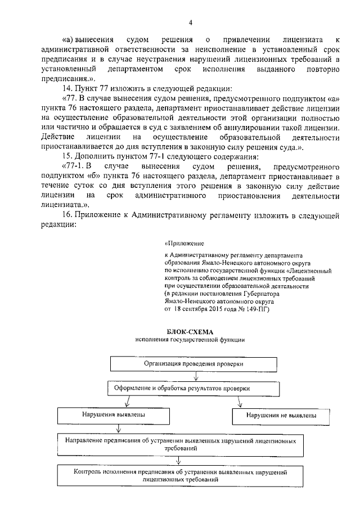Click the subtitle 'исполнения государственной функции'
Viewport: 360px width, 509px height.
pyautogui.click(x=190, y=341)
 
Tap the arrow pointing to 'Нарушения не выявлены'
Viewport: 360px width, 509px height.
pyautogui.click(x=240, y=402)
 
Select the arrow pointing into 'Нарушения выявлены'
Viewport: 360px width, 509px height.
pyautogui.click(x=128, y=402)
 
